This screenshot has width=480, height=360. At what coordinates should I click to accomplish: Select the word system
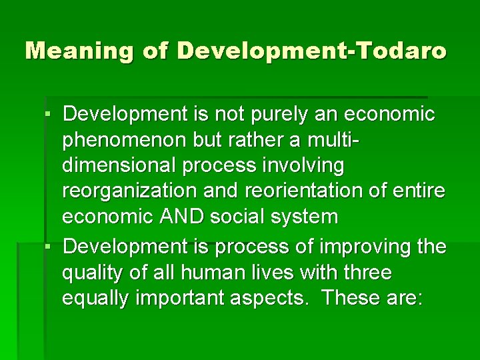pyautogui.click(x=305, y=217)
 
